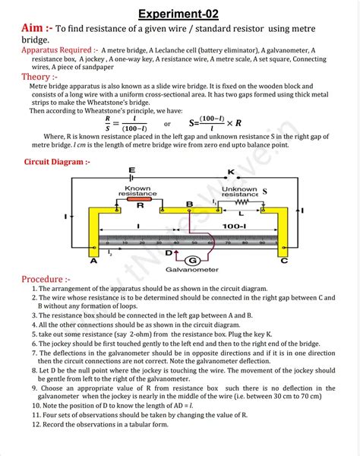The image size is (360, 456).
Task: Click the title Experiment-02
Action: pos(180,13)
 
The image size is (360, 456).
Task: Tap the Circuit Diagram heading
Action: pos(58,161)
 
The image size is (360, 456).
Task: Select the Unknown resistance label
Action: pos(239,191)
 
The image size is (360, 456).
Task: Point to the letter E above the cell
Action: pos(132,169)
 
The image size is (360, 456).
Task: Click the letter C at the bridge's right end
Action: pos(284,261)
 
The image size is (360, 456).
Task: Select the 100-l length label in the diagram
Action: pos(229,226)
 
